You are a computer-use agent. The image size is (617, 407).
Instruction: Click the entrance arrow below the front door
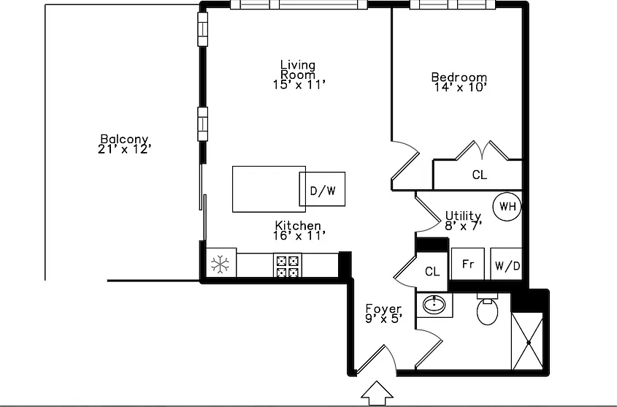377,393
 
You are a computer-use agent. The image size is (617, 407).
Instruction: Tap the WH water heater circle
507,206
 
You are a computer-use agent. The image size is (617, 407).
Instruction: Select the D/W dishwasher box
322,189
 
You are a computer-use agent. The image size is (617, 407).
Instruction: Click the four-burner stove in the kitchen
288,266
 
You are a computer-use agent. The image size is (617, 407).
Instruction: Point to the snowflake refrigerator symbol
221,265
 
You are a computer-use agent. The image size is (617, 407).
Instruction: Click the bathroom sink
434,304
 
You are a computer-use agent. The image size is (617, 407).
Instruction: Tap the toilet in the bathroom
487,309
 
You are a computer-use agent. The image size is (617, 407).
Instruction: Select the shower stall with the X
528,342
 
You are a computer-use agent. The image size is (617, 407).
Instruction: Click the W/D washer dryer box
507,264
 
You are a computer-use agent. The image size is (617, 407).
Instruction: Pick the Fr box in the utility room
468,264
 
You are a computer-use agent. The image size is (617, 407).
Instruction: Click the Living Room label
298,69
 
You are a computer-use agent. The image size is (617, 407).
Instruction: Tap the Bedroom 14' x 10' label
459,82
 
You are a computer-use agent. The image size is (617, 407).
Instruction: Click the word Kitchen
298,226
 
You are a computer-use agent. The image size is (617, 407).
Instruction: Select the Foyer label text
383,308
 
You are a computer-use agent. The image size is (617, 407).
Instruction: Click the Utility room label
463,216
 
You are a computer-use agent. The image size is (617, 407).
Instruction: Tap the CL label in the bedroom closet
479,175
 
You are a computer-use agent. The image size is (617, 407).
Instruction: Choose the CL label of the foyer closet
432,271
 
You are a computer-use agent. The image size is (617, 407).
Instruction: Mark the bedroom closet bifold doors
483,151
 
